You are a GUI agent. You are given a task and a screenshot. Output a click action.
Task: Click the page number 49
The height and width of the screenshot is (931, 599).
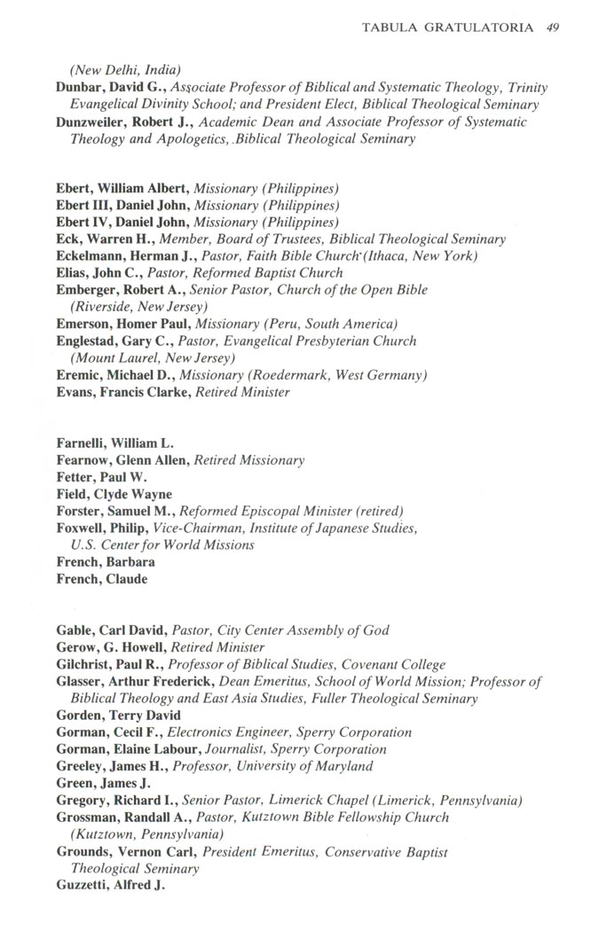[552, 28]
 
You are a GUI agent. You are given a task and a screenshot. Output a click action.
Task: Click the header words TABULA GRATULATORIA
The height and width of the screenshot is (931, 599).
[447, 28]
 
